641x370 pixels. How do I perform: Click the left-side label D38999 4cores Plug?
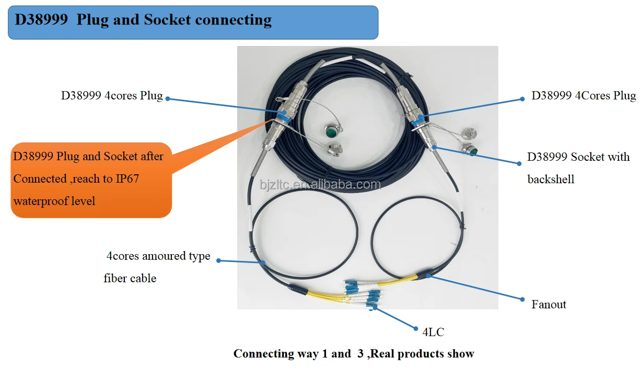point(112,97)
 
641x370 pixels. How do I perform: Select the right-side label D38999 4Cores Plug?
point(584,96)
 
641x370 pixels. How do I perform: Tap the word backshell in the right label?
point(551,180)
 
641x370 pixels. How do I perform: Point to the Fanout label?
point(549,304)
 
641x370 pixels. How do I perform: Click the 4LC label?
point(433,331)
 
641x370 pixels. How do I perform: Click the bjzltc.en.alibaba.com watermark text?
point(320,184)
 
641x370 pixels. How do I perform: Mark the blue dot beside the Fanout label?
point(522,299)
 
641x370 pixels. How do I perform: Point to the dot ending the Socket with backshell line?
point(519,163)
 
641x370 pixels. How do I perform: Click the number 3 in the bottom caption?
point(360,354)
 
